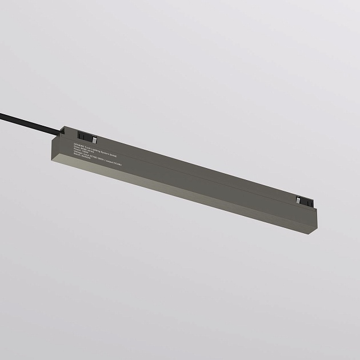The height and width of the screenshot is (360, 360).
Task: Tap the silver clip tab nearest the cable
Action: point(95,139)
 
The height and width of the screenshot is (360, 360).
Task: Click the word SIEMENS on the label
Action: point(78,145)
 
